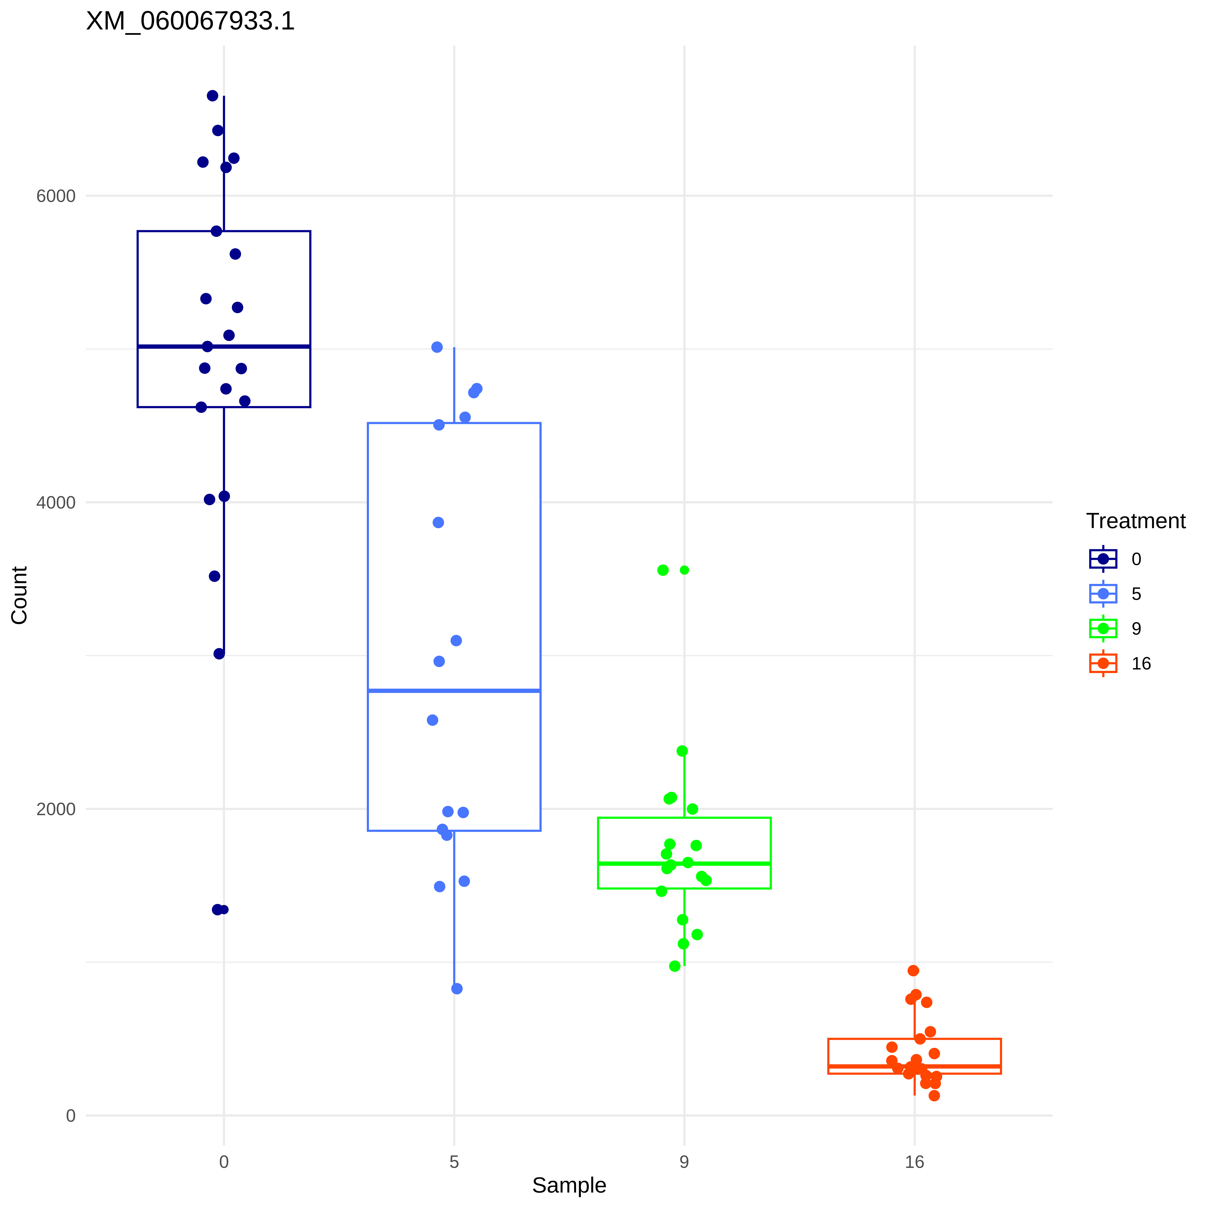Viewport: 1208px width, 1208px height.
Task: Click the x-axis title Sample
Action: click(x=569, y=1185)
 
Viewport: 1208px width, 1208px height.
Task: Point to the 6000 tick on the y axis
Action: click(x=56, y=196)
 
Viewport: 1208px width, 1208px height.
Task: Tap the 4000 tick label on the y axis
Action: click(x=56, y=503)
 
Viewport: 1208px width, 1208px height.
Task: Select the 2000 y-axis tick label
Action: click(x=56, y=809)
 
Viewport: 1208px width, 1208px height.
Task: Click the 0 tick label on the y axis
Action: click(x=71, y=1115)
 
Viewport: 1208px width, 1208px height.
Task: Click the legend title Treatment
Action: click(x=1136, y=521)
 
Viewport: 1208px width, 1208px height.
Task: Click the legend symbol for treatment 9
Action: click(x=1103, y=628)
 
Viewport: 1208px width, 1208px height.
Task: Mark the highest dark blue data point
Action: click(x=213, y=96)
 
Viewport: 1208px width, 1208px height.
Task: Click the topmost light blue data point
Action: click(x=437, y=347)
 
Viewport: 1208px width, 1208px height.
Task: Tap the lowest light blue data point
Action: click(x=457, y=989)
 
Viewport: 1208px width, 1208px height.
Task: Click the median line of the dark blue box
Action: click(x=224, y=346)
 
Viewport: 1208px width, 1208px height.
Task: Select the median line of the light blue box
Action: click(x=454, y=690)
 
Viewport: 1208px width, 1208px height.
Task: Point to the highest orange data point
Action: click(x=913, y=971)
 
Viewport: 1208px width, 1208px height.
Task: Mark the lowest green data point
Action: click(x=675, y=966)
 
